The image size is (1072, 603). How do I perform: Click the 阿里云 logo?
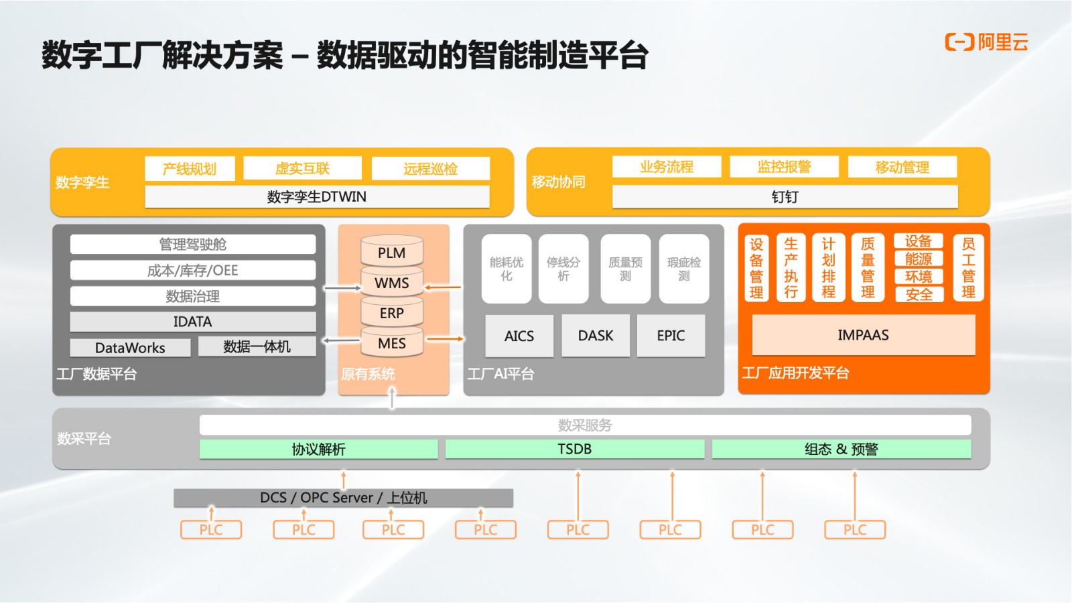click(x=986, y=42)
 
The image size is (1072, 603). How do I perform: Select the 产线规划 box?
click(x=190, y=168)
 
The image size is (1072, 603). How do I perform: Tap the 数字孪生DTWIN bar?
click(x=317, y=197)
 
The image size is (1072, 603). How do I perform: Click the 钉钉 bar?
click(x=785, y=197)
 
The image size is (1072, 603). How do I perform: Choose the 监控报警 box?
click(x=784, y=167)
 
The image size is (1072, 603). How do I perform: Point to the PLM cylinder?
click(x=391, y=251)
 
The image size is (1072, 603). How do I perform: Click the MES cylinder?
click(x=391, y=342)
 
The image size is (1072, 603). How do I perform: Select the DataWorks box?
click(x=130, y=348)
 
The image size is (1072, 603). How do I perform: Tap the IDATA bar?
click(x=192, y=322)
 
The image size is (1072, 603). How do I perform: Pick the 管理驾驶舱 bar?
click(x=192, y=244)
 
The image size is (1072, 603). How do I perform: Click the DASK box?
click(x=596, y=336)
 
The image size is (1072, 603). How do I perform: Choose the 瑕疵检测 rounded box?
click(x=684, y=269)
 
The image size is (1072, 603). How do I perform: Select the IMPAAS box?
click(x=864, y=334)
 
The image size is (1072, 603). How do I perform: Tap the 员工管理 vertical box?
click(x=968, y=267)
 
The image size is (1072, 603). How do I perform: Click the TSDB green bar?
click(x=574, y=449)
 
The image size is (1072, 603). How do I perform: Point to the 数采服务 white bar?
click(x=585, y=425)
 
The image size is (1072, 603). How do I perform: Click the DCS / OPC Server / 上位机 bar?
click(x=343, y=498)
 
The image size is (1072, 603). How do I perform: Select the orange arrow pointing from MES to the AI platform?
click(x=445, y=339)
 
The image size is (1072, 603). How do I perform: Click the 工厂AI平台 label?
click(x=500, y=373)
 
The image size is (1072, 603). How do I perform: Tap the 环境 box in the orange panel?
click(x=919, y=277)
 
